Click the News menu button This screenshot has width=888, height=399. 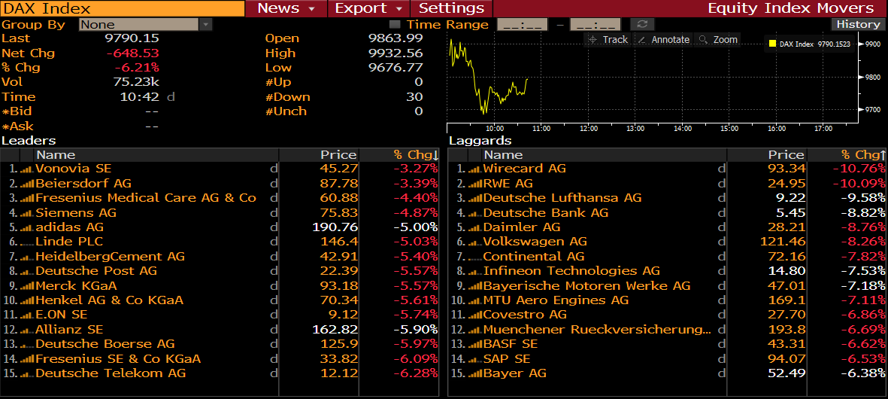pyautogui.click(x=286, y=8)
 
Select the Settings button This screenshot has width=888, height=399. pyautogui.click(x=451, y=8)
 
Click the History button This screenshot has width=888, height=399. pyautogui.click(x=858, y=24)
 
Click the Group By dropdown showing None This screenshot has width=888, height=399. pyautogui.click(x=146, y=24)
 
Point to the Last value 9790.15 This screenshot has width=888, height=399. pyautogui.click(x=132, y=38)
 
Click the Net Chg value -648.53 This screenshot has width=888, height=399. pyautogui.click(x=133, y=53)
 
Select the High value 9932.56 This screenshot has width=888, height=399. pyautogui.click(x=396, y=53)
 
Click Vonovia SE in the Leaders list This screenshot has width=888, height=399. pyautogui.click(x=73, y=169)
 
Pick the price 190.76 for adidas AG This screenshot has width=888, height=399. pyautogui.click(x=335, y=227)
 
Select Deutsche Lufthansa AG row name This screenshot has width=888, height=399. pyautogui.click(x=562, y=198)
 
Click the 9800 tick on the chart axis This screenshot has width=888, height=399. pyautogui.click(x=872, y=78)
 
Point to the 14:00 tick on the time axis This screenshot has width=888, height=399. pyautogui.click(x=682, y=129)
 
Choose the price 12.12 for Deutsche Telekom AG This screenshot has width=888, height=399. pyautogui.click(x=338, y=373)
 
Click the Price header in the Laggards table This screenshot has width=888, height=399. pyautogui.click(x=786, y=154)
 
